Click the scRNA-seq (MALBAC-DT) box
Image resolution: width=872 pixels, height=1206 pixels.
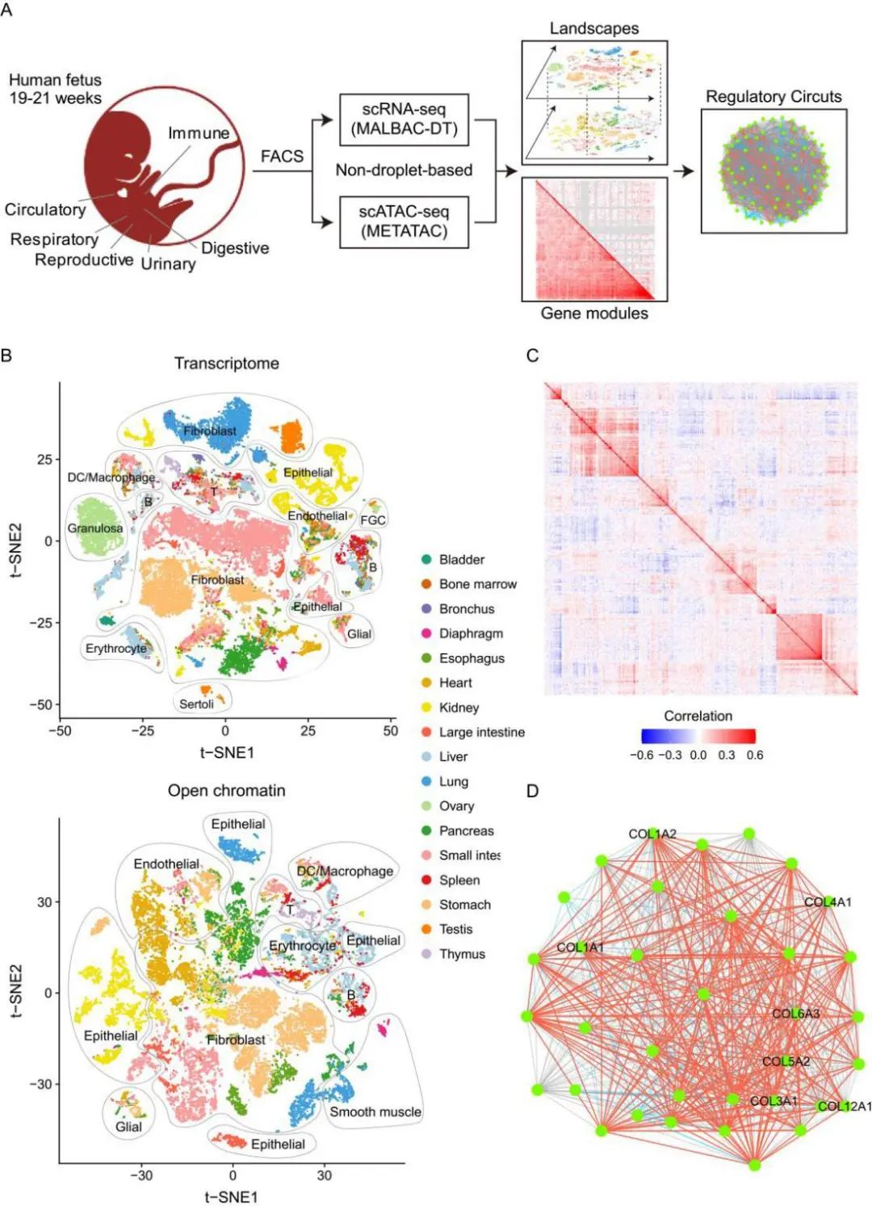[404, 119]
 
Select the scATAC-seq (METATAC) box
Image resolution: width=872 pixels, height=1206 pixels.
[404, 221]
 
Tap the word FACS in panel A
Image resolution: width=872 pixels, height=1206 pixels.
[282, 156]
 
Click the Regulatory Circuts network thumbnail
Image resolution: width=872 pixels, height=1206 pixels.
[773, 171]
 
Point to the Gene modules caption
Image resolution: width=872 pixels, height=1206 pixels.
[594, 313]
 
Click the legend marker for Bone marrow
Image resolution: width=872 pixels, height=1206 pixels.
[426, 584]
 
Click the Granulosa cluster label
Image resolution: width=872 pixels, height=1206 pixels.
[95, 528]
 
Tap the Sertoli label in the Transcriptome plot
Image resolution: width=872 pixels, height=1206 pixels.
[196, 704]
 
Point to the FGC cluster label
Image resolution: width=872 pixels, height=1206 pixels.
[373, 520]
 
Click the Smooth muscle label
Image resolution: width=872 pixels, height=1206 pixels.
[375, 1112]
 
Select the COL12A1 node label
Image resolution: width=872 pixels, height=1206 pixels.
[845, 1106]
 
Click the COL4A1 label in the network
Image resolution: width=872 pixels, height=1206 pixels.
[828, 902]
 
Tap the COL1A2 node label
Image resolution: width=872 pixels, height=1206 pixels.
[652, 834]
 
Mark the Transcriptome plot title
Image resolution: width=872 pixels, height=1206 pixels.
[227, 363]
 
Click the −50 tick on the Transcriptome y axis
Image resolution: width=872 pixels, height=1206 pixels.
[40, 704]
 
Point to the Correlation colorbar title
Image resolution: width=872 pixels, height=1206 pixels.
[698, 716]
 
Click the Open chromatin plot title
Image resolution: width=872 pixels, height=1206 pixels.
[227, 791]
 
